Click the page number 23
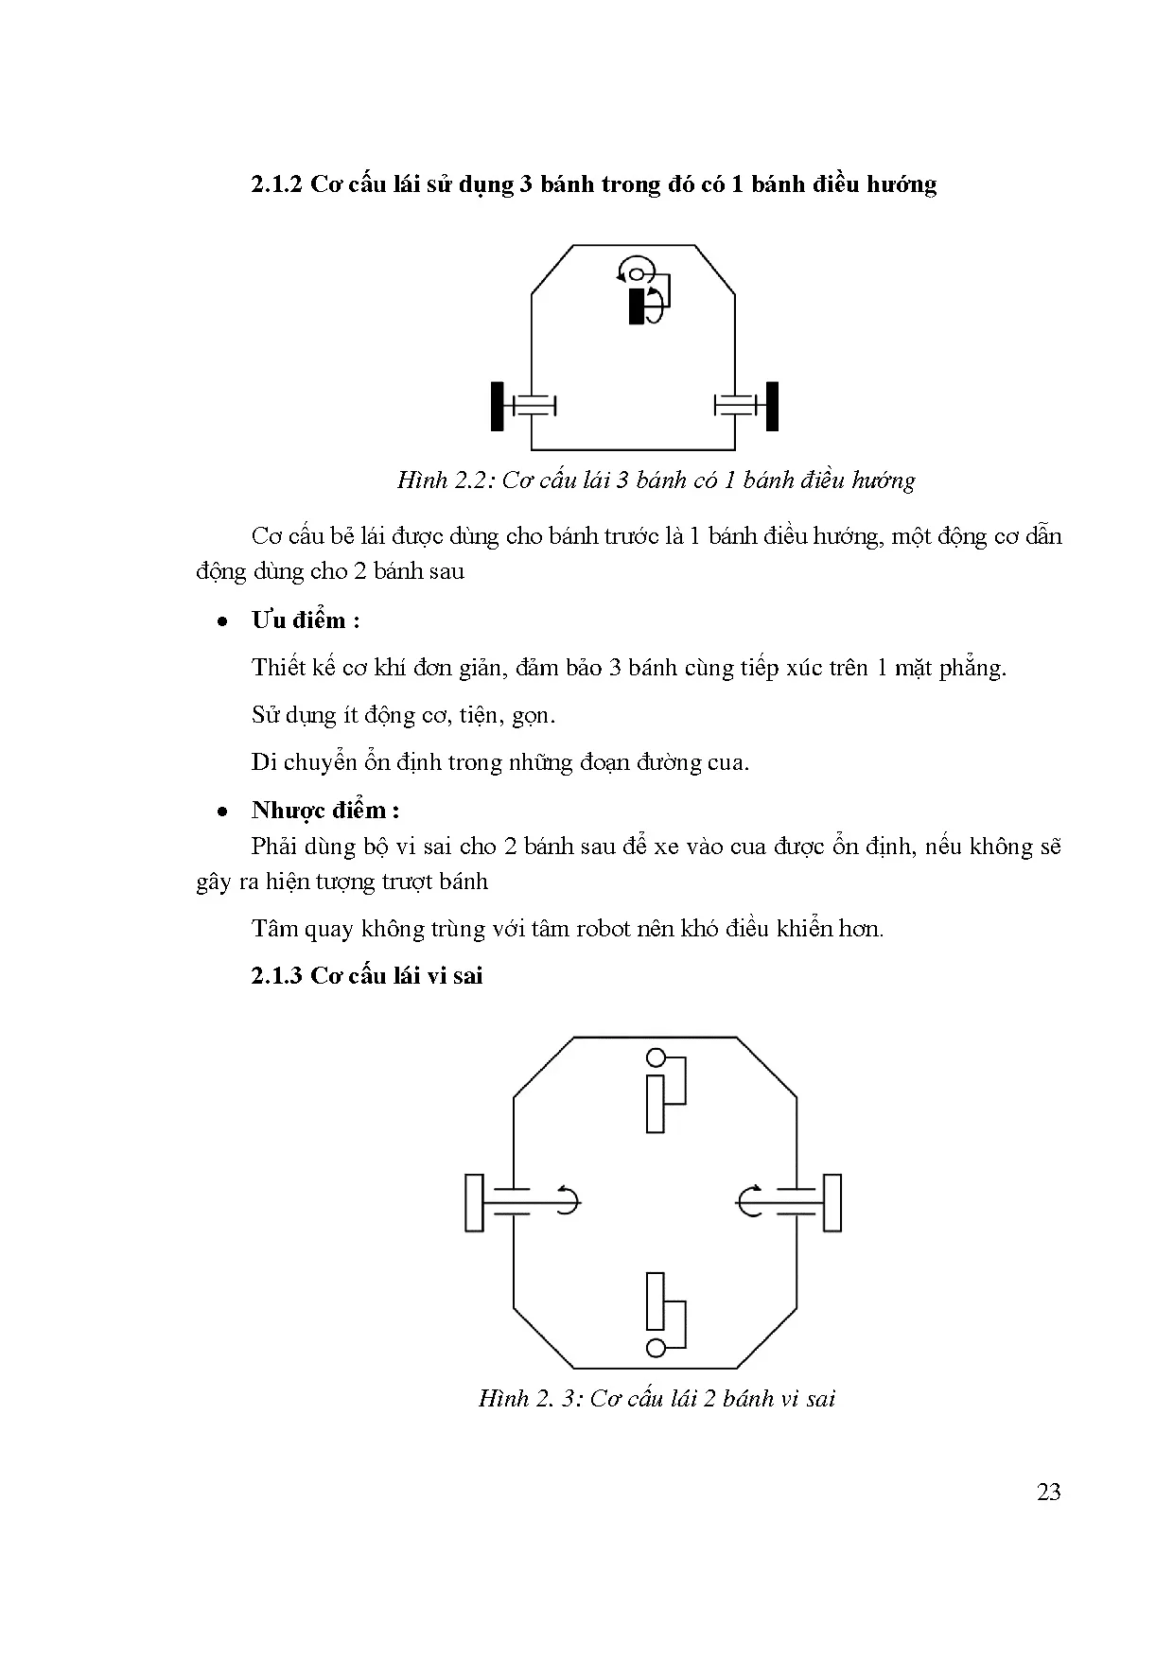[1048, 1492]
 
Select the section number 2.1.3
[275, 975]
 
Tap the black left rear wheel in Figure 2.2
[498, 406]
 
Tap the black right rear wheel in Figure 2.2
[772, 406]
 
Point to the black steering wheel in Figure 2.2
[637, 306]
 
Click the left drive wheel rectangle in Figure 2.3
[474, 1202]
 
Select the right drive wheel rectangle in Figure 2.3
[832, 1202]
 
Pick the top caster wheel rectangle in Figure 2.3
[655, 1104]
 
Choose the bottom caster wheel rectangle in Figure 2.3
[655, 1301]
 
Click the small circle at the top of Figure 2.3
[656, 1058]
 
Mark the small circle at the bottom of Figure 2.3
[656, 1347]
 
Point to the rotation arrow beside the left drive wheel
[568, 1200]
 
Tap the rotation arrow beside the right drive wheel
[747, 1200]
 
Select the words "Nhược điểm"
[319, 811]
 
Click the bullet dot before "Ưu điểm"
[221, 622]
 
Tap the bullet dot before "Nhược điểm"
[221, 812]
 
